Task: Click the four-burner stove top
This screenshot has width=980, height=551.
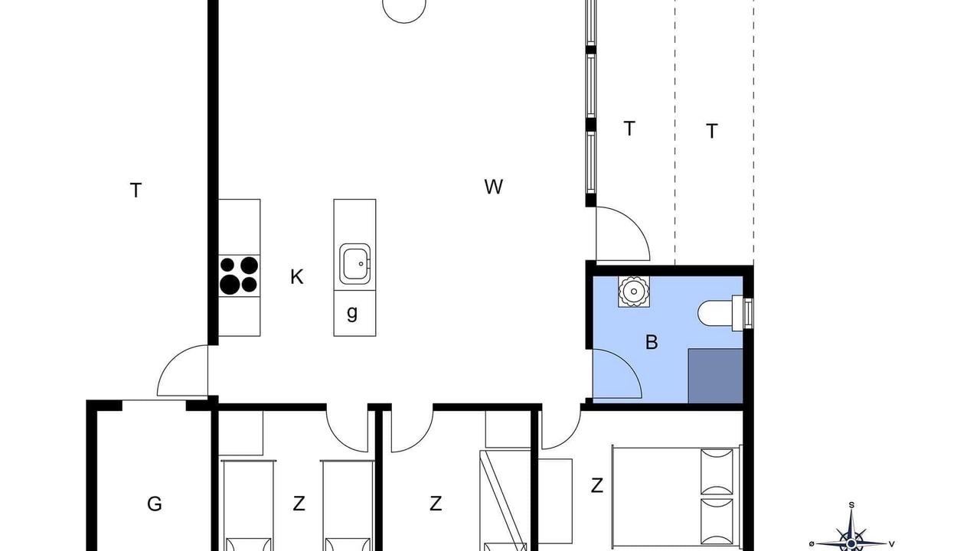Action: (239, 275)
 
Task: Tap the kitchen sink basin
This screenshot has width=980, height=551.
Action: (354, 264)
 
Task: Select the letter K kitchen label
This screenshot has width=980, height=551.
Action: (296, 277)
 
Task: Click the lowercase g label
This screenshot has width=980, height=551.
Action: (352, 313)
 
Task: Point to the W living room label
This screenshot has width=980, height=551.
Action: (494, 187)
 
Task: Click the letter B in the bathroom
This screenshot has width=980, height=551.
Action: (652, 342)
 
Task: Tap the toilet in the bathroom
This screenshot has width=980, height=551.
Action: (724, 313)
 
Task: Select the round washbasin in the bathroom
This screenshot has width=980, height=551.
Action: (633, 292)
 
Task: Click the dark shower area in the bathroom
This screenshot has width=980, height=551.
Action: (715, 376)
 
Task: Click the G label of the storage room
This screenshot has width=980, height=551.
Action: (155, 504)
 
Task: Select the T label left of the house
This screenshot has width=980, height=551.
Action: (136, 191)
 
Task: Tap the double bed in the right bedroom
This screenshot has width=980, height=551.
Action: (677, 496)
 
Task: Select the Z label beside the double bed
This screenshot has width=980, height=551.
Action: (596, 485)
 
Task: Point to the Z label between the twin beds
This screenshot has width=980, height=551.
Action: (299, 504)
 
